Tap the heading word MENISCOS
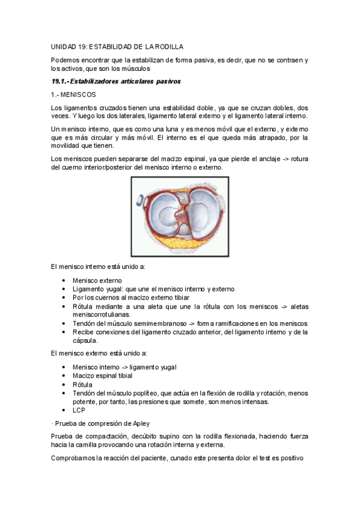pos(80,94)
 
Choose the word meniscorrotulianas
pos(105,314)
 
